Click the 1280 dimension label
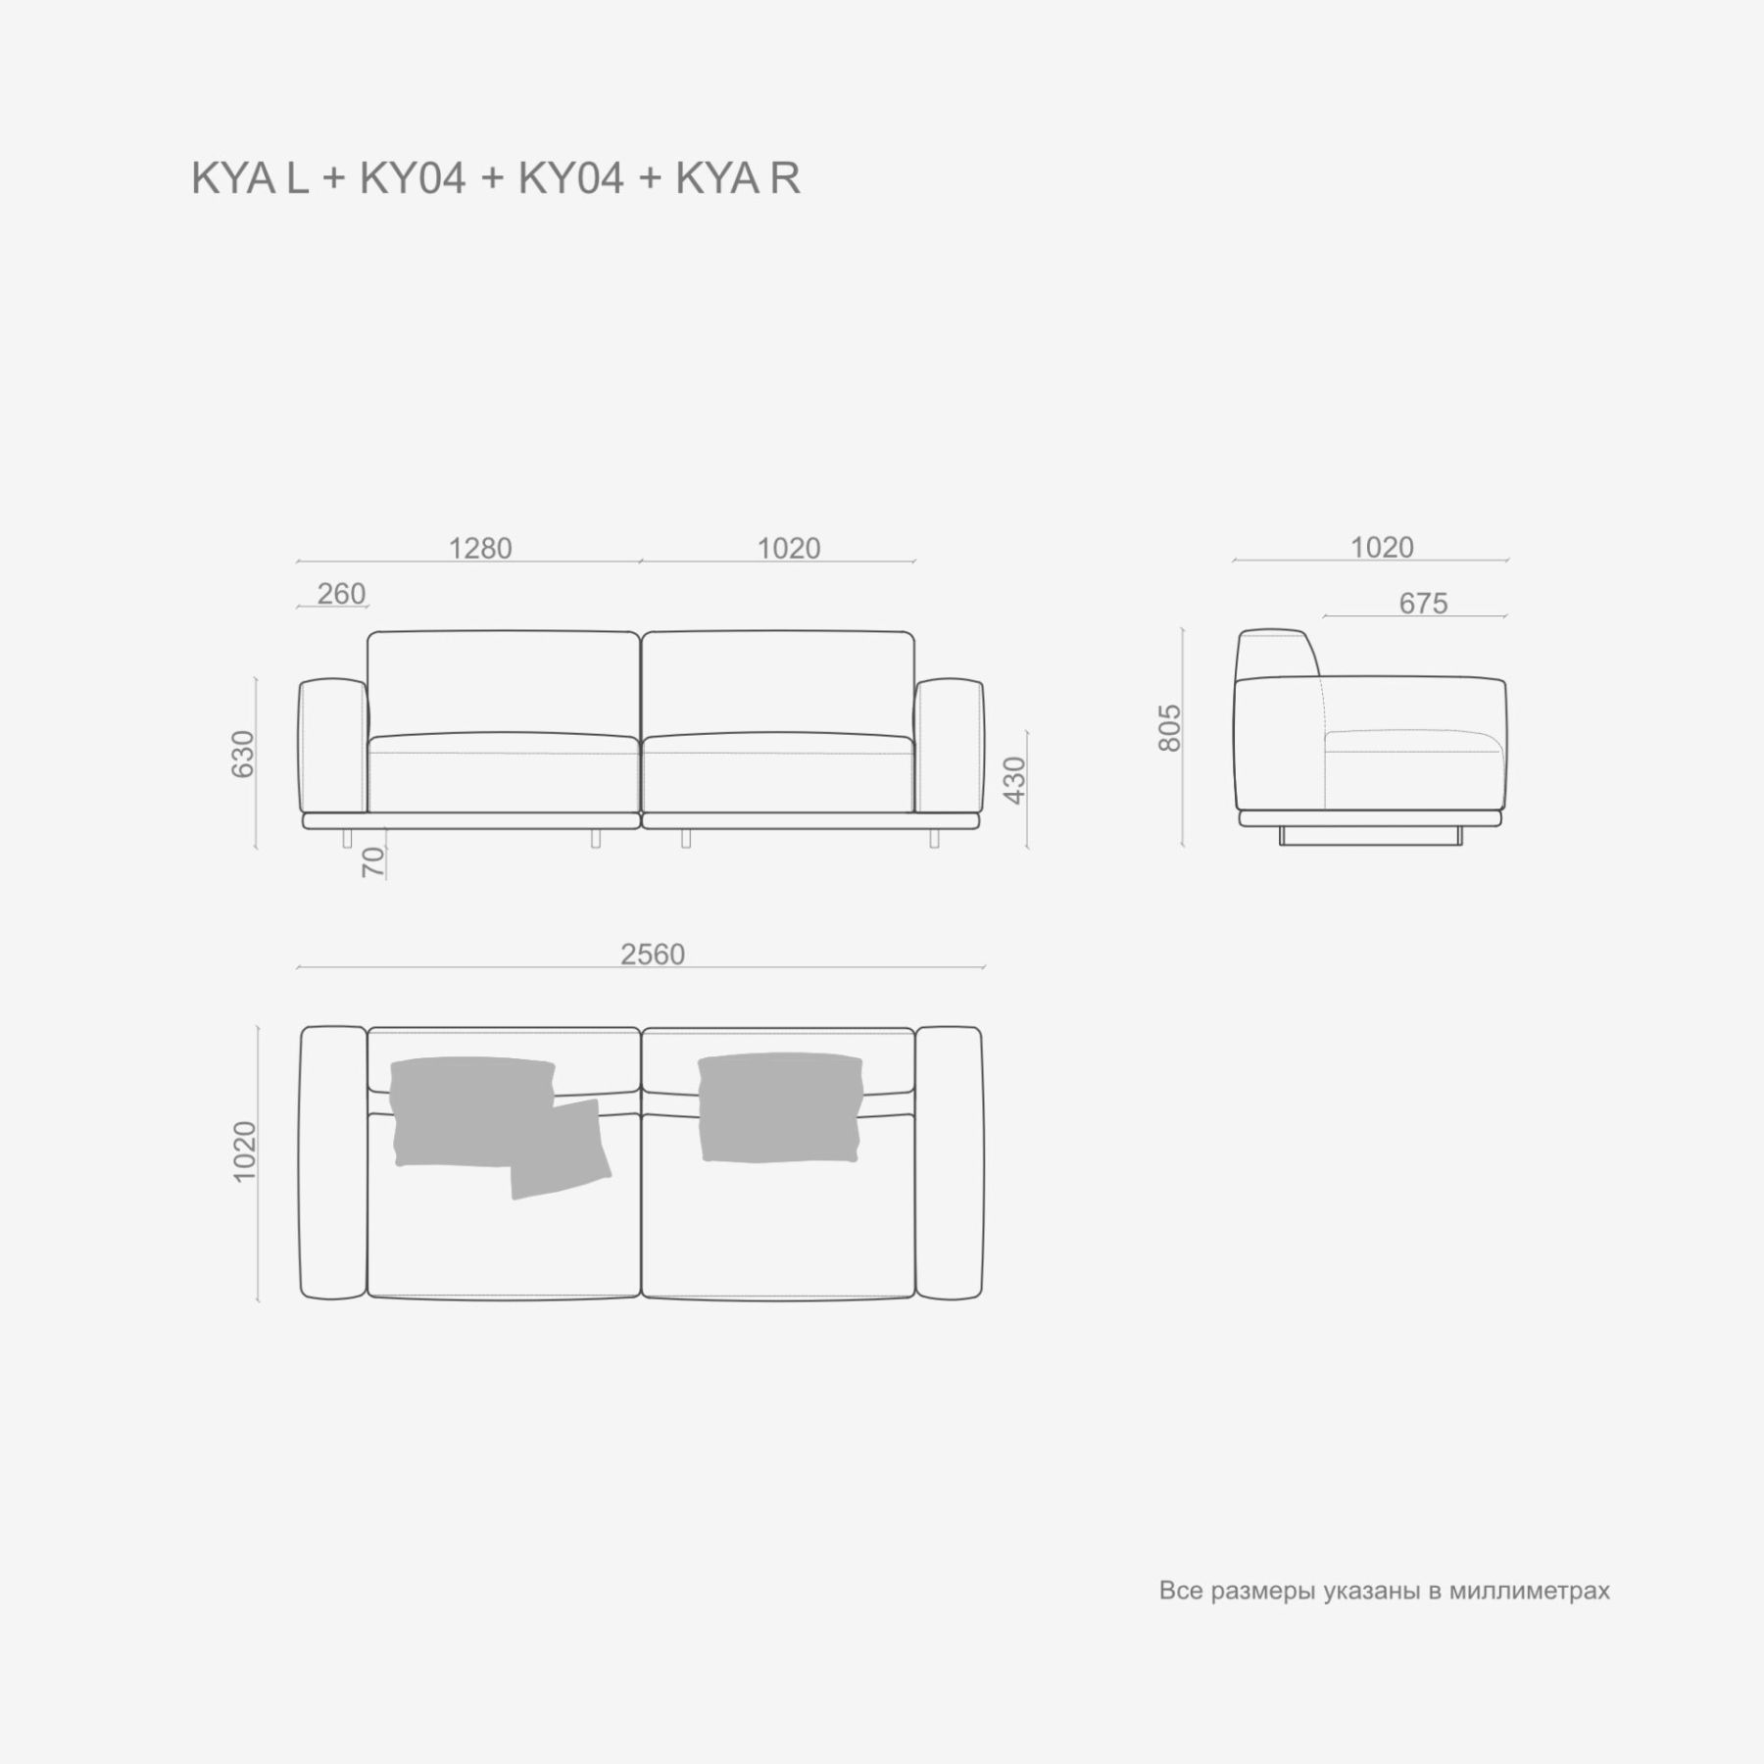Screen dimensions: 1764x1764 480,548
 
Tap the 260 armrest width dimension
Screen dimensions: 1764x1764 341,594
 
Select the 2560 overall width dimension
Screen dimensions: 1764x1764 653,954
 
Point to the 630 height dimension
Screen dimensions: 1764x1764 242,754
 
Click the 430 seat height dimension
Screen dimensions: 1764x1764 1014,780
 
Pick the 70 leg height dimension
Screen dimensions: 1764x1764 373,862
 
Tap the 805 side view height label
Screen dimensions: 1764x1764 1170,727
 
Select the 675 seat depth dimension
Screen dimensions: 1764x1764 1423,604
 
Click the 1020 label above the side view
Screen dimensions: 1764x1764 1382,547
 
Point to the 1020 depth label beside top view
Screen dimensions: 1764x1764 244,1151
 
